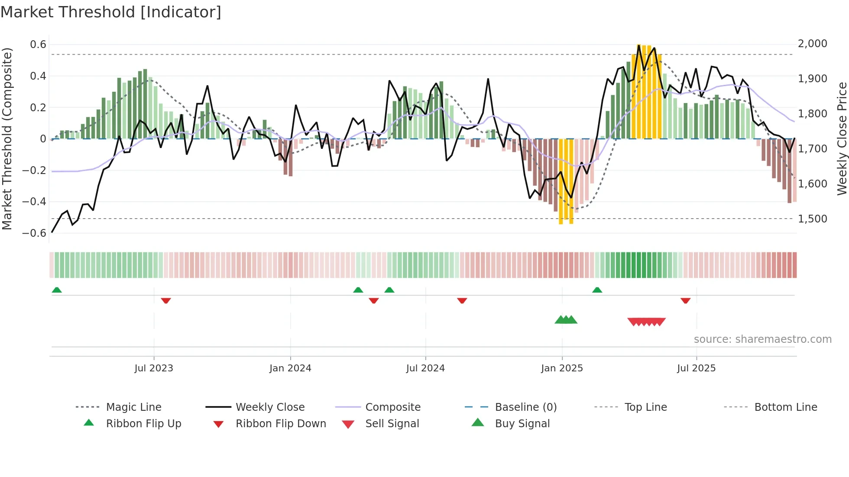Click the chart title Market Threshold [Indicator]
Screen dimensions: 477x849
[111, 12]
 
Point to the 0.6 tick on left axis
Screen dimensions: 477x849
[38, 45]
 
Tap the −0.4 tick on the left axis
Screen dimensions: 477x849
[34, 202]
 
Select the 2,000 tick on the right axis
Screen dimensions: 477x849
[812, 44]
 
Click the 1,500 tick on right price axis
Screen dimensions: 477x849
[812, 219]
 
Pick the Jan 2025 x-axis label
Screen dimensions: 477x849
[562, 368]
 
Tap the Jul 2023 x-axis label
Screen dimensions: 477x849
[154, 368]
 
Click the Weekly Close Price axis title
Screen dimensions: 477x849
[842, 139]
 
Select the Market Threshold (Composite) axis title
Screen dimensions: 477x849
[7, 139]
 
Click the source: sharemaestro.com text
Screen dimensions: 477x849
[762, 339]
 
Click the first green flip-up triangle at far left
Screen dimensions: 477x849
[57, 290]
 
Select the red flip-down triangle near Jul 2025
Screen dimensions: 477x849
[685, 300]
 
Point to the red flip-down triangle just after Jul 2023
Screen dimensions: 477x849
[166, 300]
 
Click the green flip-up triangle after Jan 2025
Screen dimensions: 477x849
[597, 290]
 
